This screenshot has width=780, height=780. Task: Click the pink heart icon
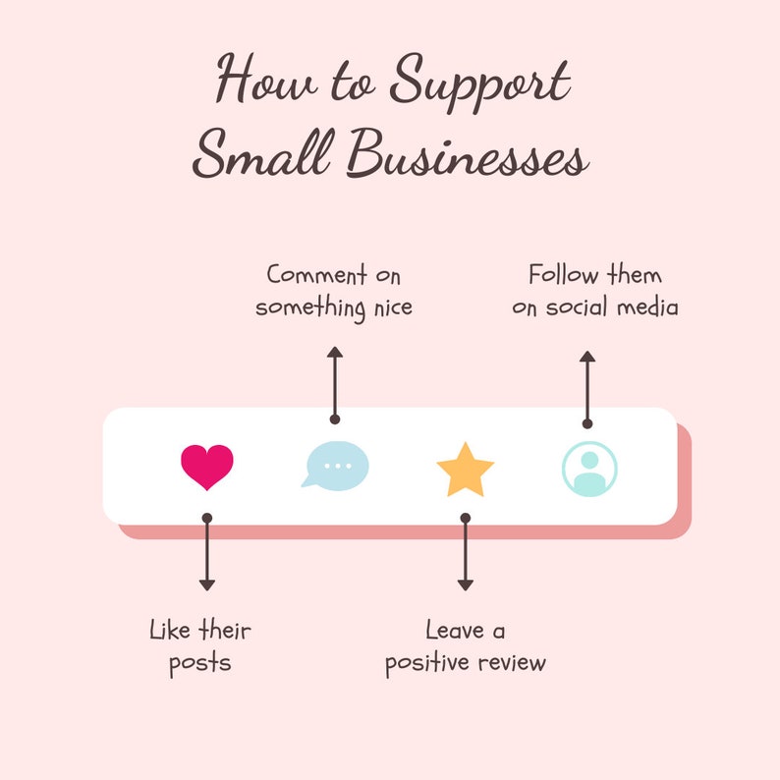(207, 467)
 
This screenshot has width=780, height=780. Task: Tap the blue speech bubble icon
(335, 466)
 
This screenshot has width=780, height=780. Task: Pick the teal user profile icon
(589, 469)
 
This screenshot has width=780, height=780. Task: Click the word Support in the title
(479, 83)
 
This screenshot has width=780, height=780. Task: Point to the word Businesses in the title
(468, 153)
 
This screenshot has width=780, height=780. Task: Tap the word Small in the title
(262, 153)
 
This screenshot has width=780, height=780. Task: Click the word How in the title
(266, 79)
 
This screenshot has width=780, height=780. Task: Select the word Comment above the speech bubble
(317, 275)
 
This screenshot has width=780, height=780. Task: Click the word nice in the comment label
(393, 307)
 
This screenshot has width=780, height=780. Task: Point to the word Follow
(564, 275)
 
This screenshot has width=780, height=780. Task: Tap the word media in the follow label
(647, 306)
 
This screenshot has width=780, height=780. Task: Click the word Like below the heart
(170, 631)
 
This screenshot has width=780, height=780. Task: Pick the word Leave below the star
(455, 631)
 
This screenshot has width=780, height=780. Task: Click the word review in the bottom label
(512, 663)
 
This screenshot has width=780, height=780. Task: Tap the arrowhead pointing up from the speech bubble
(335, 352)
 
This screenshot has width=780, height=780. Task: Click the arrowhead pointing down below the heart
(207, 585)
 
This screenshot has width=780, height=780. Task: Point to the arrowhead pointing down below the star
(465, 585)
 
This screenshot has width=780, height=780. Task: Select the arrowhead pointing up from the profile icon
(587, 357)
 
